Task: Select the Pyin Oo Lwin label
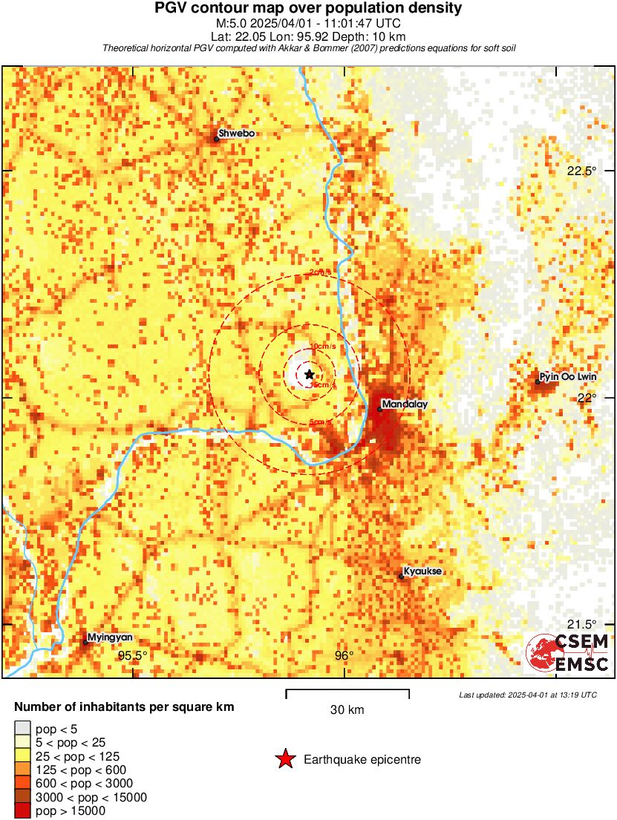coord(568,377)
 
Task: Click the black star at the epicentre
coord(309,375)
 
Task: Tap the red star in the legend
coord(284,759)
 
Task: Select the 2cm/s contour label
coord(320,273)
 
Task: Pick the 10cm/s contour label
coord(321,347)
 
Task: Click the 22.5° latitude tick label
coord(581,171)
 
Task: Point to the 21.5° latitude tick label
coord(581,624)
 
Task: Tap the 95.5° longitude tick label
coord(134,655)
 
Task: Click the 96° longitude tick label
coord(344,655)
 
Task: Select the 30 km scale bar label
coord(347,710)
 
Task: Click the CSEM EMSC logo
coord(568,653)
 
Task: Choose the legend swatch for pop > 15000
coord(22,811)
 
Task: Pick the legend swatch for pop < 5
coord(22,729)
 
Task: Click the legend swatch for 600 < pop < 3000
coord(22,784)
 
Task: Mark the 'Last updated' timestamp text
coord(527,695)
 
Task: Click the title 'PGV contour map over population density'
coord(307,9)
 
